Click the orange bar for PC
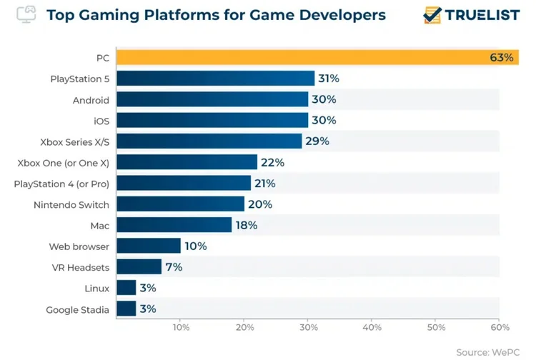tap(300, 58)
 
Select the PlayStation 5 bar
tap(215, 79)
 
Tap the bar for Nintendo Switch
tap(179, 204)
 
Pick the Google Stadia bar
tap(126, 309)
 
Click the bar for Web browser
tap(148, 246)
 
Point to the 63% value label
tap(502, 58)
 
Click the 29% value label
tap(317, 141)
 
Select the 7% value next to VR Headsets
tap(173, 267)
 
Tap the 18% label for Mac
tap(246, 225)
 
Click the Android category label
tap(91, 100)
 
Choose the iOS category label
tap(101, 121)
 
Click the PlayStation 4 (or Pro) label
tap(61, 184)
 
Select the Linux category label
tap(96, 289)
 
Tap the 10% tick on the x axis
tap(180, 328)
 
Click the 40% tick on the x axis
tap(372, 328)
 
